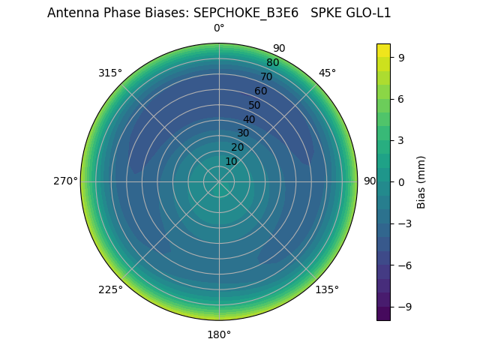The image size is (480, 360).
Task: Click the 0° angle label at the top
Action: (x=219, y=28)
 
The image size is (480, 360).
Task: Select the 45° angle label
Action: (x=327, y=73)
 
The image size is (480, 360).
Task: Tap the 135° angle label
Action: (x=327, y=289)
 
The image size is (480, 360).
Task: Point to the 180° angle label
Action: (x=219, y=334)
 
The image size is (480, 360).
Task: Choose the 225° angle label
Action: (x=110, y=289)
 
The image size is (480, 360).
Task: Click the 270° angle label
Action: (x=65, y=181)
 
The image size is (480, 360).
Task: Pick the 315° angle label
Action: (x=110, y=73)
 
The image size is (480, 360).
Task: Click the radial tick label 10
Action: (x=231, y=162)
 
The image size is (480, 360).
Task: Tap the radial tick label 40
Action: (x=249, y=119)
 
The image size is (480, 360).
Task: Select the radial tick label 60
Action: (x=260, y=91)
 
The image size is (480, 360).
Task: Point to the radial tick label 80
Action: (x=272, y=63)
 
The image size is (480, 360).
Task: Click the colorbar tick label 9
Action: (x=402, y=57)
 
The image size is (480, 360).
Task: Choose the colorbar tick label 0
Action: (x=402, y=181)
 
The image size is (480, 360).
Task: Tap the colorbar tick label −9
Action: (x=405, y=307)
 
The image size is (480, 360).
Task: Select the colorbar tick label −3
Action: (x=405, y=223)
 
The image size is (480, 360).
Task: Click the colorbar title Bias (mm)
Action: (x=421, y=181)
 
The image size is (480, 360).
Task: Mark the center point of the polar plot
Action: (x=219, y=181)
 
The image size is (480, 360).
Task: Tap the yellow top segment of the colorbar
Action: (x=383, y=50)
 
